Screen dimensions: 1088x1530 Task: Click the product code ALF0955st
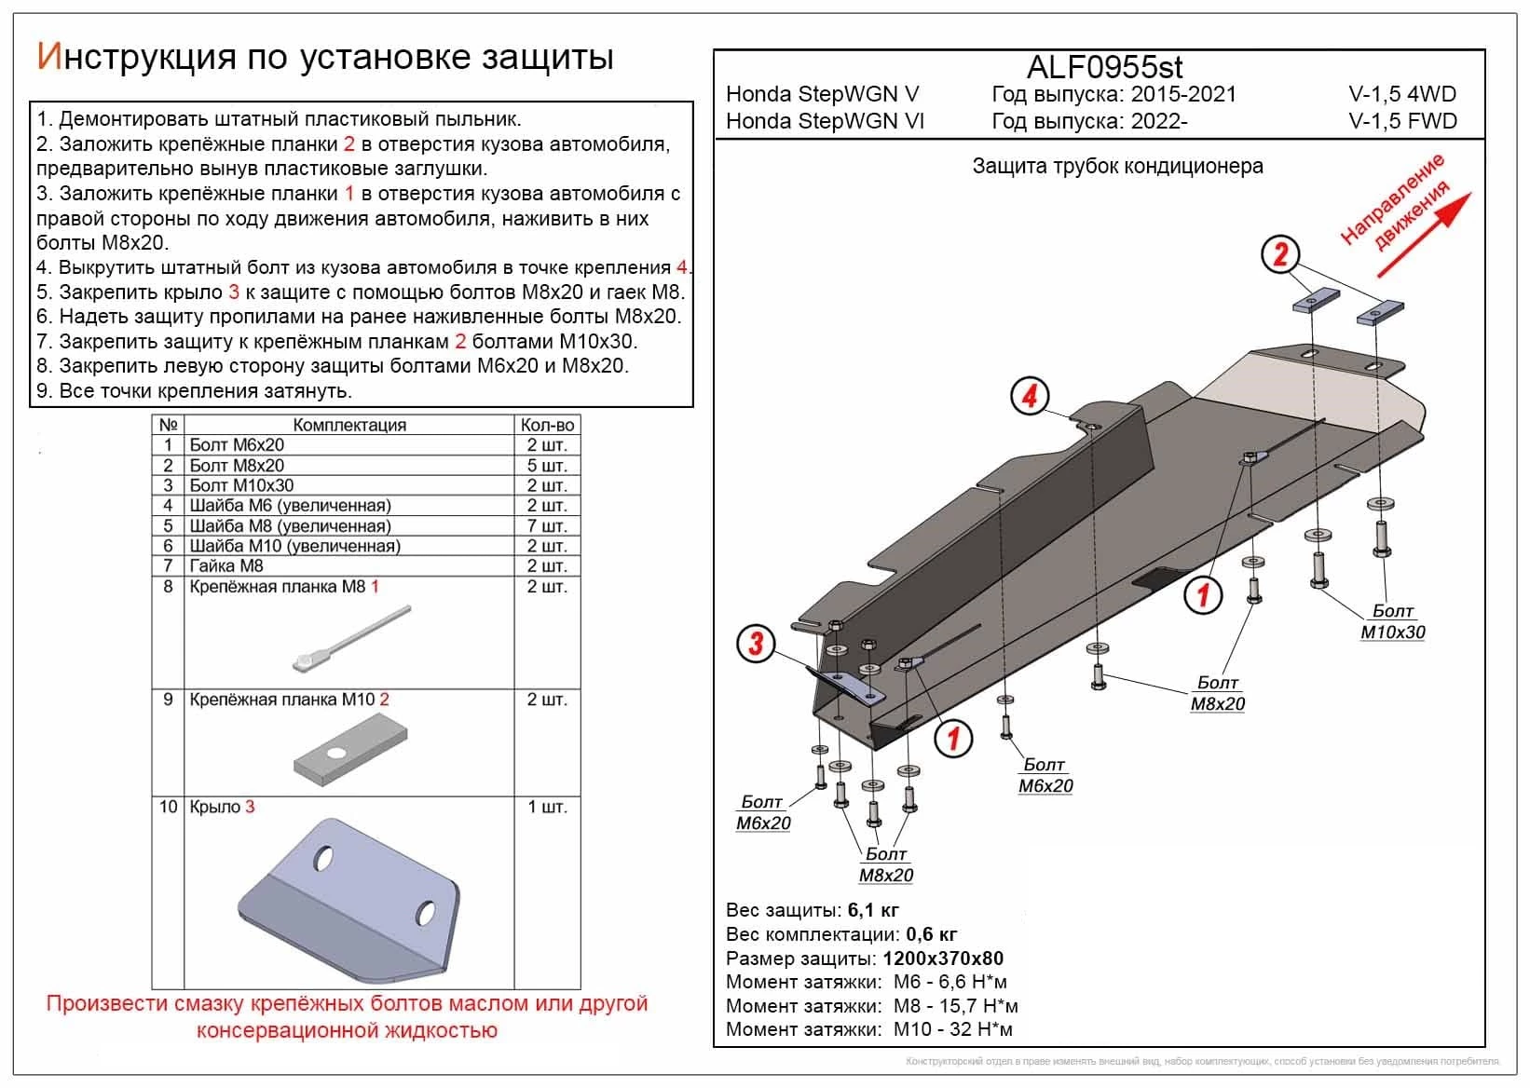1104,67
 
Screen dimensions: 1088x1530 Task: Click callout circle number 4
1030,396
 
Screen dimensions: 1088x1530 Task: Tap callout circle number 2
1280,253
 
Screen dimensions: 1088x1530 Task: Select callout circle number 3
756,643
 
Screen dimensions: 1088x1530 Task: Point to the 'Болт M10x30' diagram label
1392,621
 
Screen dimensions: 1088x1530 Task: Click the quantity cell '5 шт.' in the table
547,465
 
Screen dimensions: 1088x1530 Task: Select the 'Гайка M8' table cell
226,565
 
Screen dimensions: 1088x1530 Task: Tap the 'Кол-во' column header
547,425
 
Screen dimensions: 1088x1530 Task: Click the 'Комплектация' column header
349,425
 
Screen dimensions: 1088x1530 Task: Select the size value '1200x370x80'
943,959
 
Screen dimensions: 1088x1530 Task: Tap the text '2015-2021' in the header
1183,94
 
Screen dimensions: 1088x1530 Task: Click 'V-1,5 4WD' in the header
1401,94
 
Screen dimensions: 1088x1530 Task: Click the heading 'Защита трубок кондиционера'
1117,166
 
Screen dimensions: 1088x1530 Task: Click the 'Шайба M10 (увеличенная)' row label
294,546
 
